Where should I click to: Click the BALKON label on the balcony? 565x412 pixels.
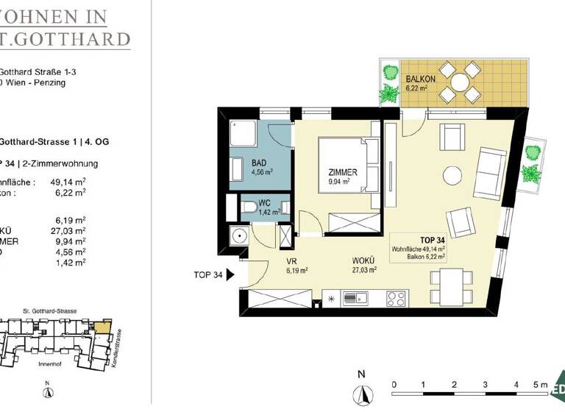pos(421,79)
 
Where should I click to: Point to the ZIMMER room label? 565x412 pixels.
pos(343,172)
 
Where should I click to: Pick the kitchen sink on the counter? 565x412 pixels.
pos(360,298)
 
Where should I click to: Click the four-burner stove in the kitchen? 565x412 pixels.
pos(396,298)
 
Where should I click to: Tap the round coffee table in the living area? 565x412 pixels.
pos(451,175)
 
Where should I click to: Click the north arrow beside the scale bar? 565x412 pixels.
pos(361,394)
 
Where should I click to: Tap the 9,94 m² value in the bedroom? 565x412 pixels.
pos(344,182)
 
